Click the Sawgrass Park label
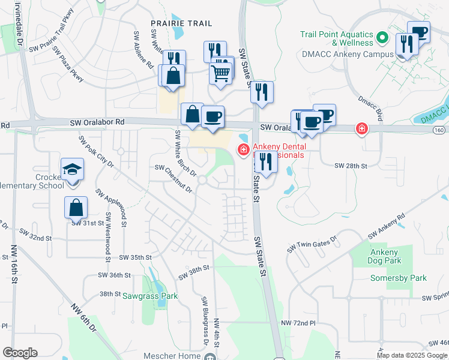151,296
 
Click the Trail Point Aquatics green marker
381,40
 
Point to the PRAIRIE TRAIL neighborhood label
181,23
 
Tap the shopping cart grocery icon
221,73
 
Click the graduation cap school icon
71,169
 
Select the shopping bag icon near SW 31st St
76,207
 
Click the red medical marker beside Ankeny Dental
244,149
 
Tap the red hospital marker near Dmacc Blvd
361,128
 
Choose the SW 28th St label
351,165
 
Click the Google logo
20,353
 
